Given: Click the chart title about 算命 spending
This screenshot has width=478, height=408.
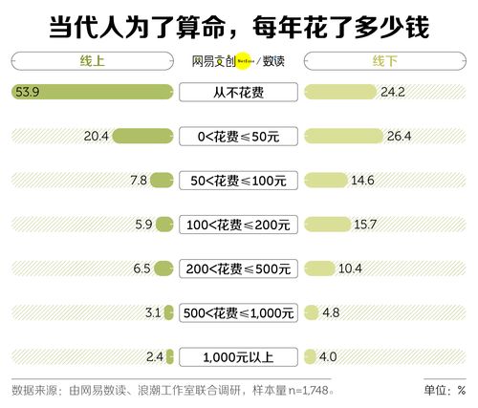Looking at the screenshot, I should tap(239, 26).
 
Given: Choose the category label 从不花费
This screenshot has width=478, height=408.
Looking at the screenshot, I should tap(238, 93).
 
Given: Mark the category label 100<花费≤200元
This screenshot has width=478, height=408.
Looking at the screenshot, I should tap(238, 225).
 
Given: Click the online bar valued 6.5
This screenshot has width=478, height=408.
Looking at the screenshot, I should tap(163, 268).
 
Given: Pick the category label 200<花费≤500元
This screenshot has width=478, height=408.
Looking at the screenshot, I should tap(238, 268).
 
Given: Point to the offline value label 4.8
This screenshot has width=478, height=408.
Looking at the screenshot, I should tap(330, 312).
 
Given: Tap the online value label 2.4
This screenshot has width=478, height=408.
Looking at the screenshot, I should tap(156, 357).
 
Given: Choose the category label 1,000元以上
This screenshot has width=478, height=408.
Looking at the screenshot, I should tap(238, 357).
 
